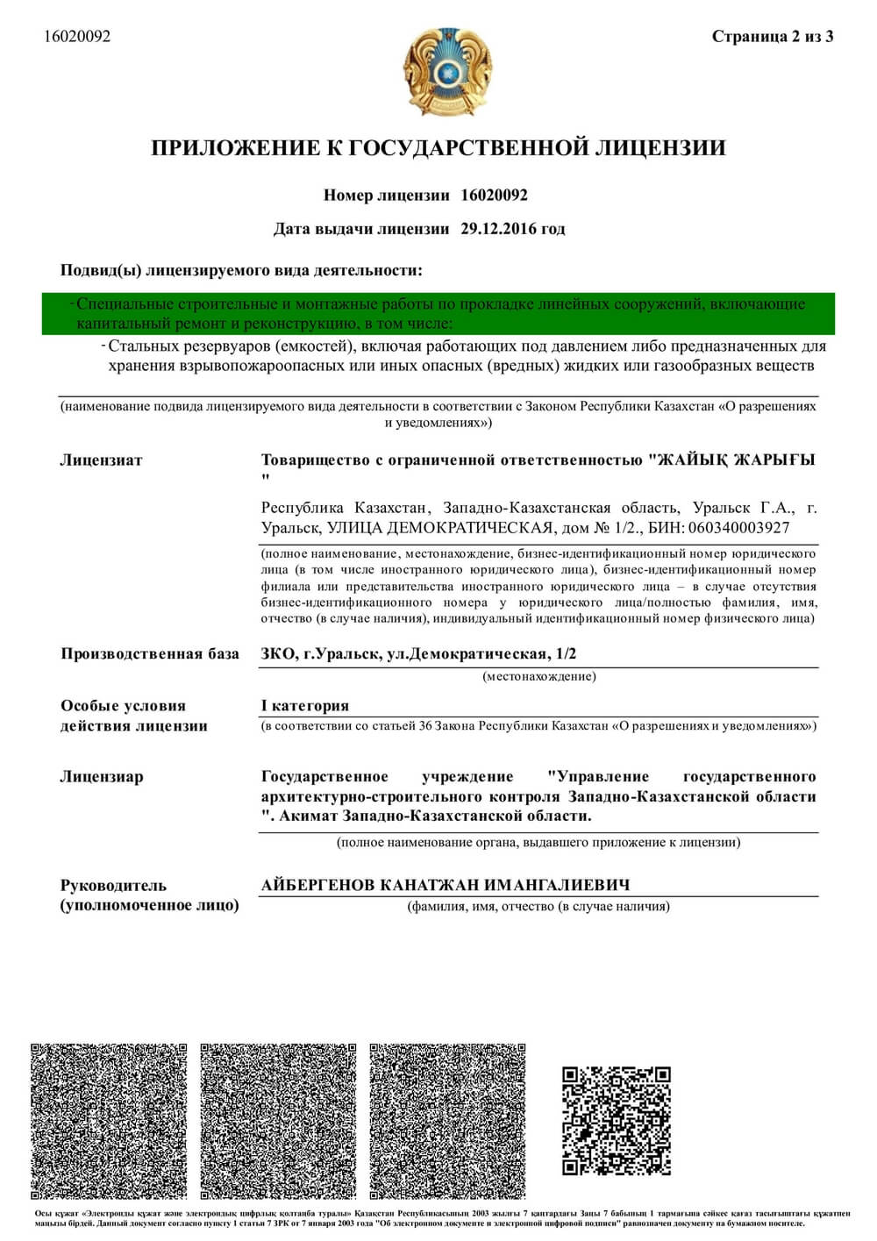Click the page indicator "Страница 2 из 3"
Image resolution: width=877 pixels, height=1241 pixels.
[x=772, y=37]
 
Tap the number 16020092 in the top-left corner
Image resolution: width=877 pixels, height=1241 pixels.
[x=77, y=37]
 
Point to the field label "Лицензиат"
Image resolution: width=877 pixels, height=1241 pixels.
[x=101, y=460]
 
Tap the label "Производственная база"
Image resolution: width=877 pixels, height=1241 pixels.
[x=149, y=654]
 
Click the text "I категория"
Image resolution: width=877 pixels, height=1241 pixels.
[x=305, y=706]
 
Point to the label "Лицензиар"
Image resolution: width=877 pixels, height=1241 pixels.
[x=102, y=777]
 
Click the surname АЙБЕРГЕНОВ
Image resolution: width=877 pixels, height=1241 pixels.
[x=318, y=885]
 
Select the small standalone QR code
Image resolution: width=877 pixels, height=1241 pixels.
[x=617, y=1120]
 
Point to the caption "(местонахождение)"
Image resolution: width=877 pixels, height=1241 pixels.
[x=539, y=677]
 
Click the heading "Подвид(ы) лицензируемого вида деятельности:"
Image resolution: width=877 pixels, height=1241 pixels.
[x=241, y=271]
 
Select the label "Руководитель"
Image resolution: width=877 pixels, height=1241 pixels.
[x=113, y=886]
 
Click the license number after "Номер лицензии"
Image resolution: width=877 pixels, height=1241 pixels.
[x=494, y=196]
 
